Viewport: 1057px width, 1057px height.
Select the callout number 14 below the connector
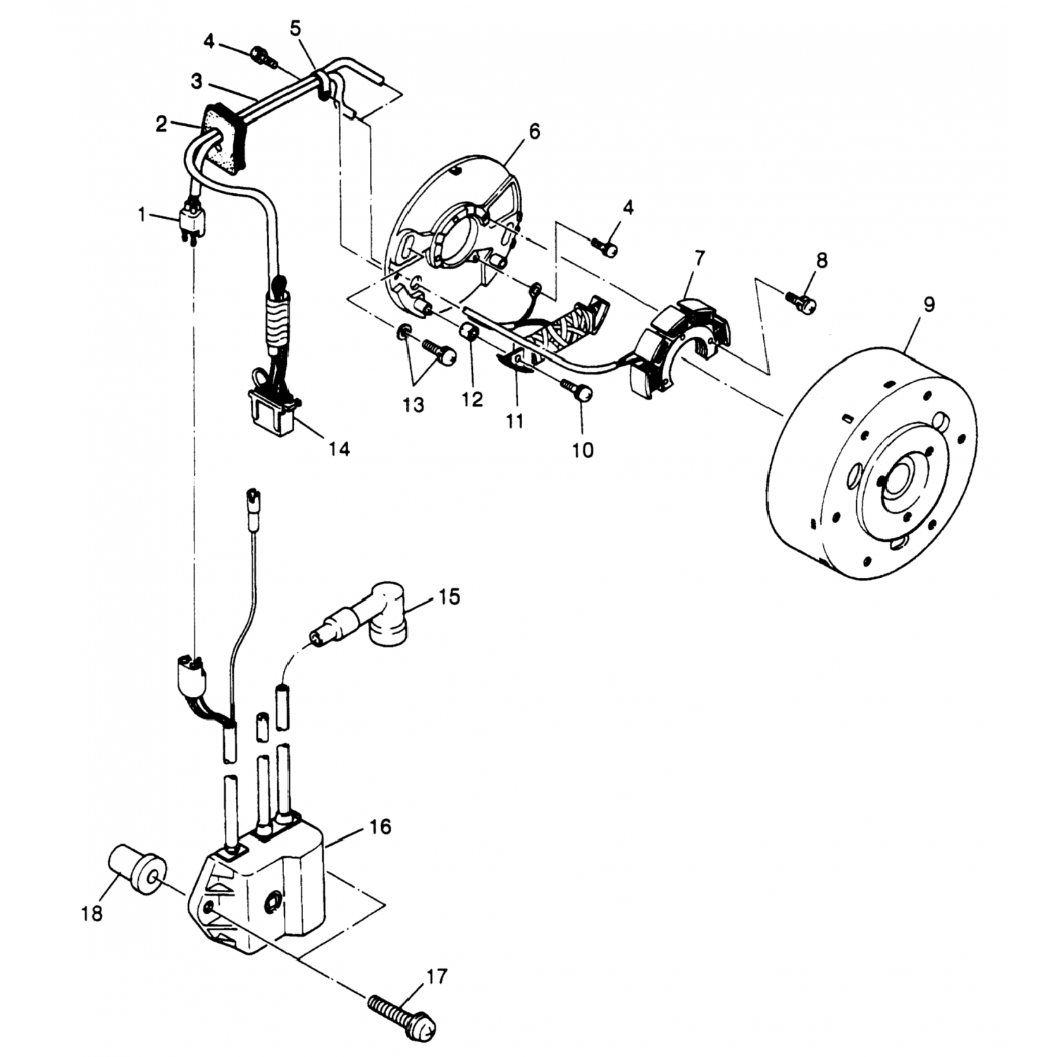click(x=338, y=448)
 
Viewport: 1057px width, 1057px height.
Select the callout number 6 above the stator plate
click(x=534, y=131)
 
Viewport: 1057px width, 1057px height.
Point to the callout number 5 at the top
click(x=296, y=29)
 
